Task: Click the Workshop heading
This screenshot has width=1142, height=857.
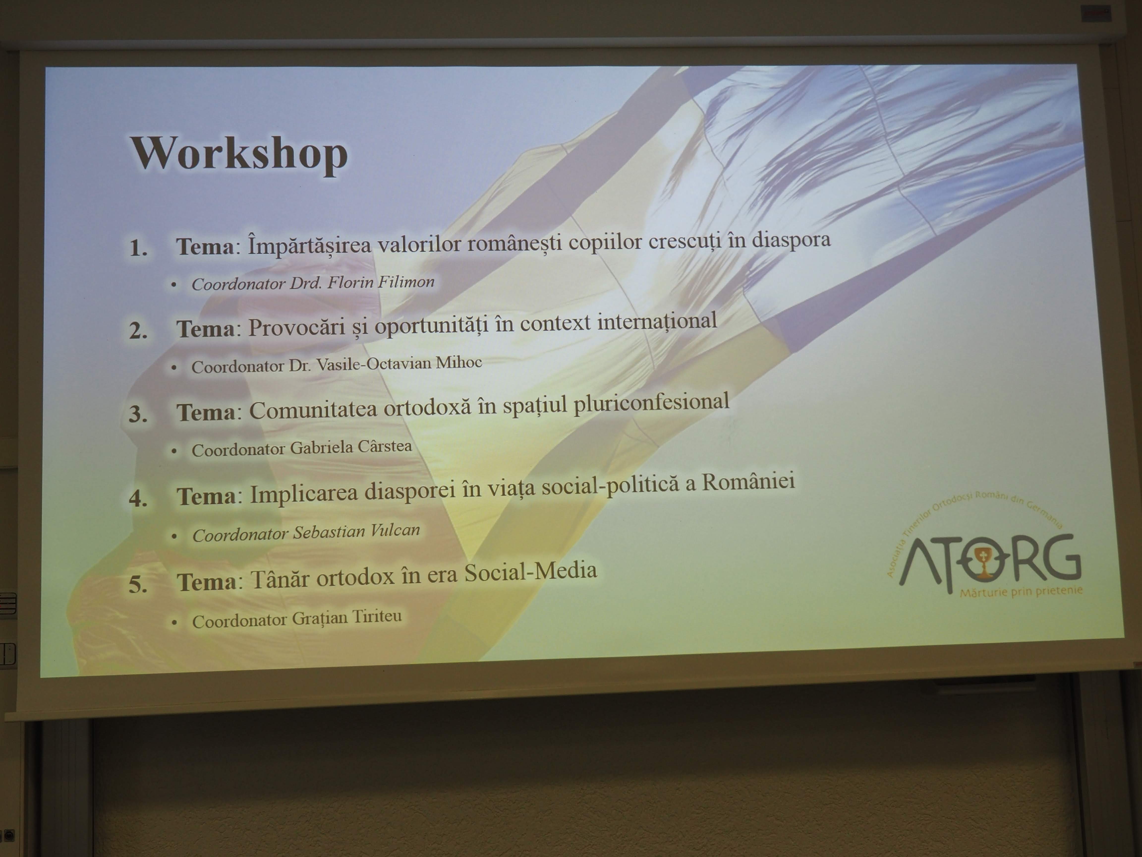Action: (239, 153)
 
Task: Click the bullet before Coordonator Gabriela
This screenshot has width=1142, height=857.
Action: (174, 451)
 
